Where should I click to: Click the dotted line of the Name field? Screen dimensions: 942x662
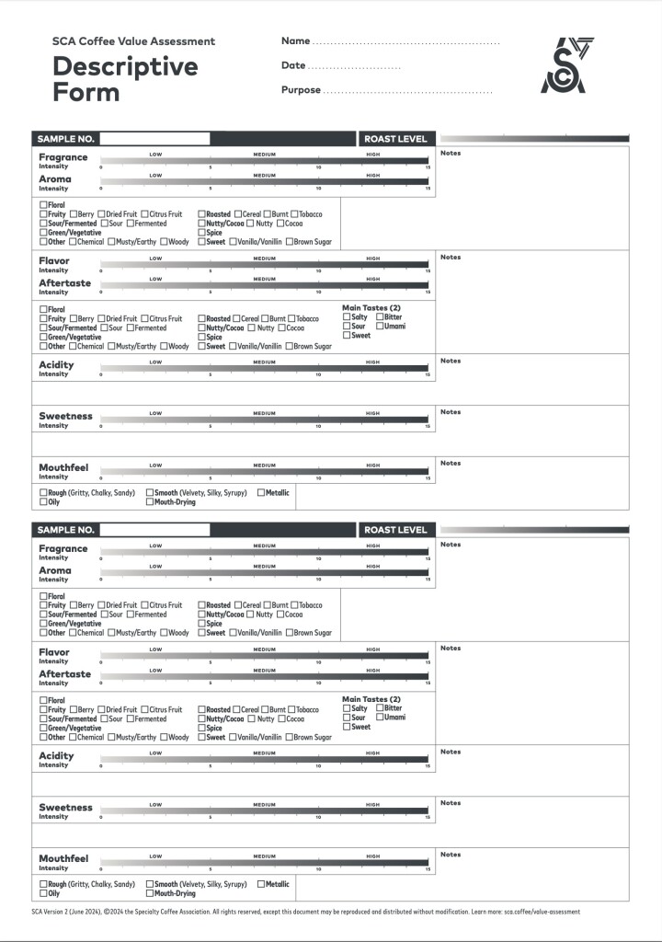[405, 43]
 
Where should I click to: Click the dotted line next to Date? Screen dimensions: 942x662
[354, 68]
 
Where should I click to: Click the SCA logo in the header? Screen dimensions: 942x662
[566, 65]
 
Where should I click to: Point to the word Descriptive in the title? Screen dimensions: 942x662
[125, 66]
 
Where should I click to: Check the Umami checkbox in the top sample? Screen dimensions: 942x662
[380, 327]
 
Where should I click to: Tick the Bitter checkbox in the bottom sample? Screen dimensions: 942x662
[380, 708]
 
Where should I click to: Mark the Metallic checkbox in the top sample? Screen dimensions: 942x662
[262, 493]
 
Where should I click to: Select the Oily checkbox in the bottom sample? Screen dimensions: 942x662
[43, 893]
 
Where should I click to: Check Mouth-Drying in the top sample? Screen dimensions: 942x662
[150, 502]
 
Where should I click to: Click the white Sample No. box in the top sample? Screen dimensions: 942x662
[154, 139]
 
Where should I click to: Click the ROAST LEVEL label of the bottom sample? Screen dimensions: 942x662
[395, 530]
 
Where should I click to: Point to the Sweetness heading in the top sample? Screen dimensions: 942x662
[65, 416]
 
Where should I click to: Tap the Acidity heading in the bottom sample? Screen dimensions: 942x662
[56, 756]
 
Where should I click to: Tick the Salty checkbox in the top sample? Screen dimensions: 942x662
[347, 317]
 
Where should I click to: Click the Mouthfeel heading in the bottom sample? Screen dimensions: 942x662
[63, 858]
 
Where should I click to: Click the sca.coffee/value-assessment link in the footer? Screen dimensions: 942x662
[542, 913]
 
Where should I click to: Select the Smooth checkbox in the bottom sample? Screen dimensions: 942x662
[150, 884]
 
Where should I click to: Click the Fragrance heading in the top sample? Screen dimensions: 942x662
[63, 157]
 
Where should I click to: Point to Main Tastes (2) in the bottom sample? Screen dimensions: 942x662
[371, 699]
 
